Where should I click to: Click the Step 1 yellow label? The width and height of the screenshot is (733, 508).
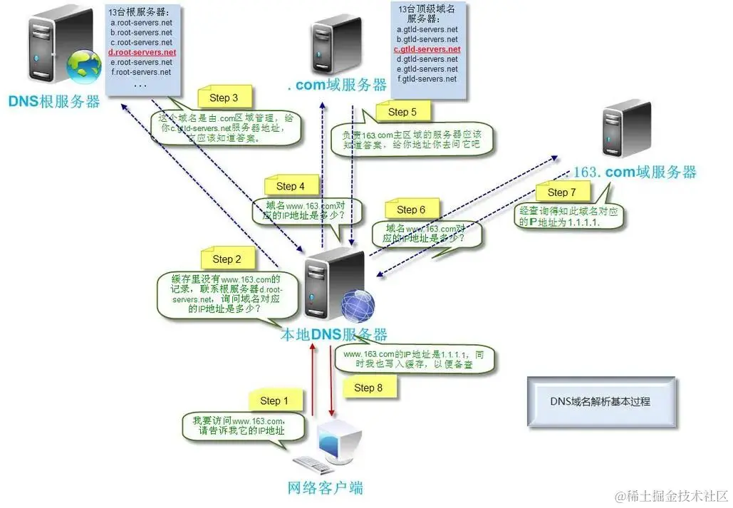coord(274,401)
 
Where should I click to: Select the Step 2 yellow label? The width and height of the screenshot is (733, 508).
coord(227,259)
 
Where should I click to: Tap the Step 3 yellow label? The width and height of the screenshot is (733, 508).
coord(224,98)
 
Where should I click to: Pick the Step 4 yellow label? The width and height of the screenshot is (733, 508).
coord(290,186)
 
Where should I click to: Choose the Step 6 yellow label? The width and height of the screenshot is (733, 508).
coord(410,209)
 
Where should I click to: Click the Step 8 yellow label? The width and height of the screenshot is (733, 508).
coord(368,388)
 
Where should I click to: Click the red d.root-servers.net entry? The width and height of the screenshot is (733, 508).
coord(142,53)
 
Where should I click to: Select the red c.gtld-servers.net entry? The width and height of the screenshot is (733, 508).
coord(427,50)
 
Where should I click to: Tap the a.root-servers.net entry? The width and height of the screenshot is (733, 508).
coord(141,23)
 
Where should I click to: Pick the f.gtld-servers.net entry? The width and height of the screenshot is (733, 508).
coord(427,79)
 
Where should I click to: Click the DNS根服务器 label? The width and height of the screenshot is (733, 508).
coord(54,101)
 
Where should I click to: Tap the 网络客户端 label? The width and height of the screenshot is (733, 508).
coord(325,488)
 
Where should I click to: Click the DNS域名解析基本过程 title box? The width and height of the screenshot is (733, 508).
coord(600,402)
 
